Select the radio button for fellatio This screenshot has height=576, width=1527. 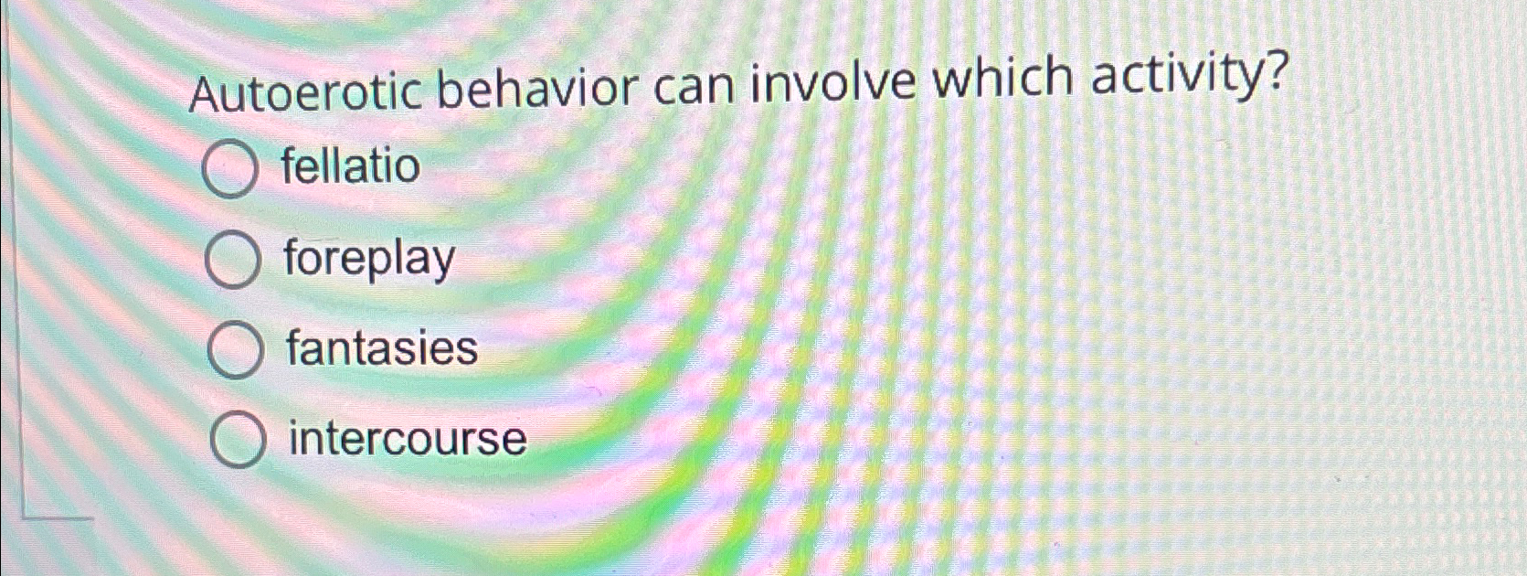[229, 170]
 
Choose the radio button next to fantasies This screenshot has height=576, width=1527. [235, 350]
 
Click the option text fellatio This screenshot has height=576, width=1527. [350, 166]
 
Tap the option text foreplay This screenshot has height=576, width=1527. [368, 259]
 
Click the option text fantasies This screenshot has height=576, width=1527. [382, 348]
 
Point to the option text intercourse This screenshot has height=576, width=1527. [408, 438]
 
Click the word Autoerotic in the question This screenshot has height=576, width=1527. [305, 93]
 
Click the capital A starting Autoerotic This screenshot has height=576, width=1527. [206, 96]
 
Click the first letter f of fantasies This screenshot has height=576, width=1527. [294, 347]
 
